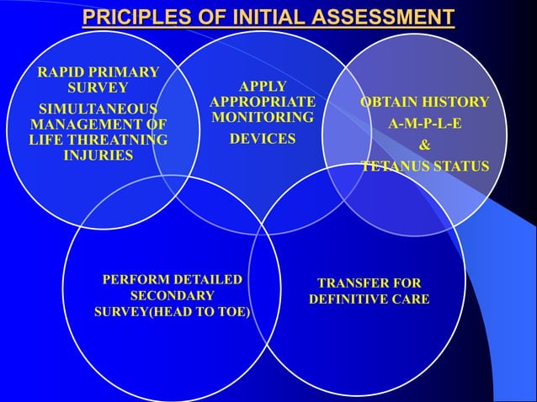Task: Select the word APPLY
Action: pos(263,87)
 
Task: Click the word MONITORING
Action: pos(263,118)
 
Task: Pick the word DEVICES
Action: pos(263,139)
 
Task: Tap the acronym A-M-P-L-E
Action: pos(424,124)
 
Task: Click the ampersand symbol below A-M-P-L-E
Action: pos(425,145)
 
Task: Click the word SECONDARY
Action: pos(172,296)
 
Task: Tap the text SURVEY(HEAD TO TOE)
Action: pos(173,313)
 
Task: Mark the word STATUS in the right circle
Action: pos(461,167)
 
